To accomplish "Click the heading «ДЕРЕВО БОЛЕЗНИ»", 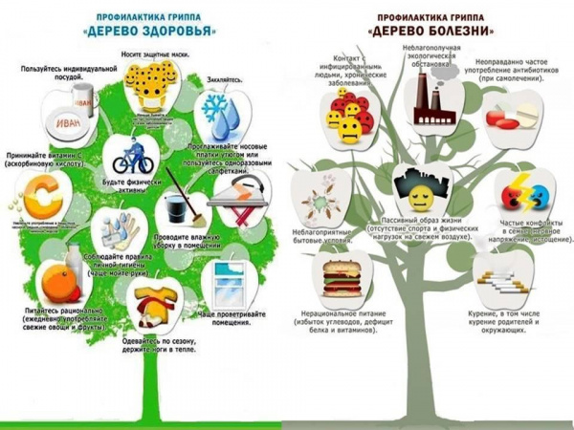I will (x=430, y=32).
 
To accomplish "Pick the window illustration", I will (x=222, y=282).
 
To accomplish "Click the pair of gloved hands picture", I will (x=121, y=230).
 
